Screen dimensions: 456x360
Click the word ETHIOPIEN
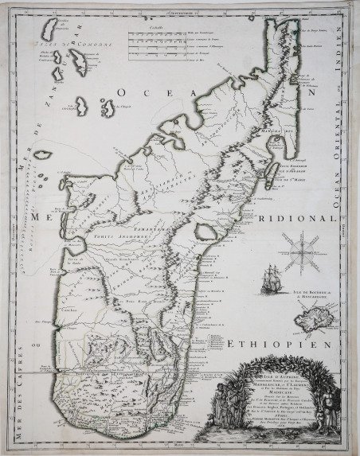275,345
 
